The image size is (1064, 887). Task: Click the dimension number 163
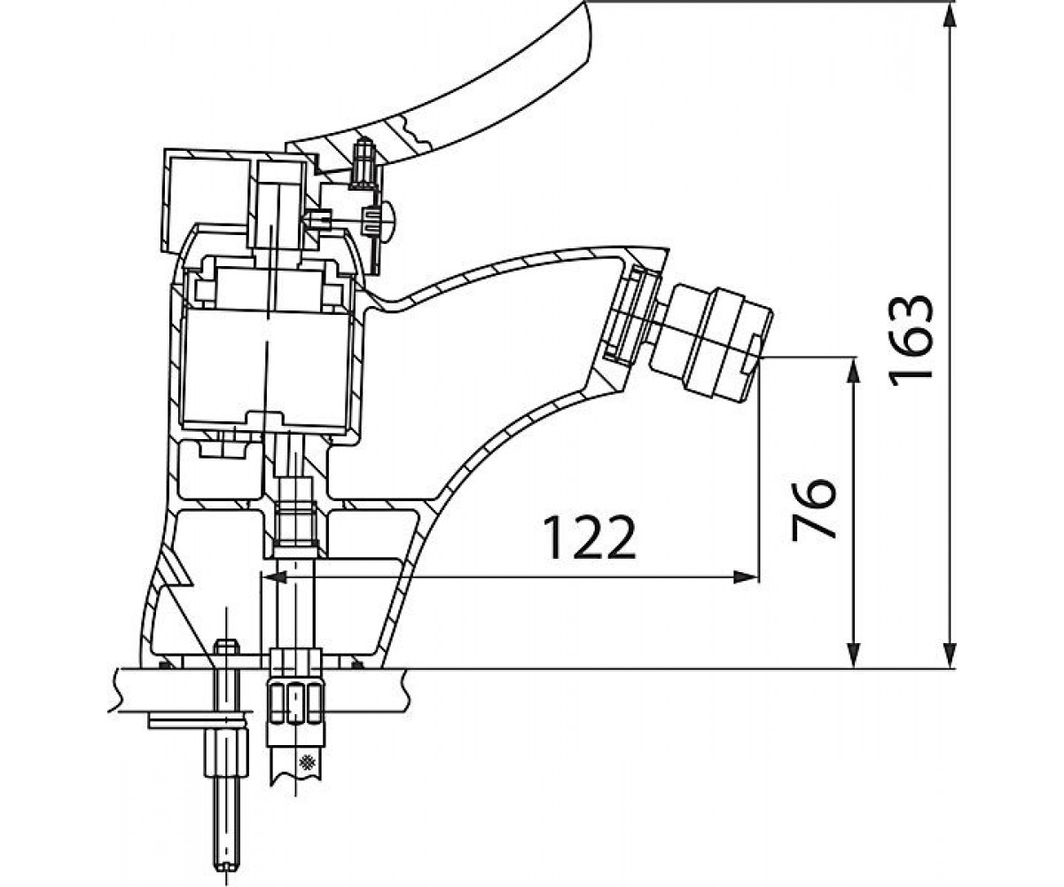(911, 340)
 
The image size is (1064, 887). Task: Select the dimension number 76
(814, 509)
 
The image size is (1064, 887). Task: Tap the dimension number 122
(591, 537)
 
